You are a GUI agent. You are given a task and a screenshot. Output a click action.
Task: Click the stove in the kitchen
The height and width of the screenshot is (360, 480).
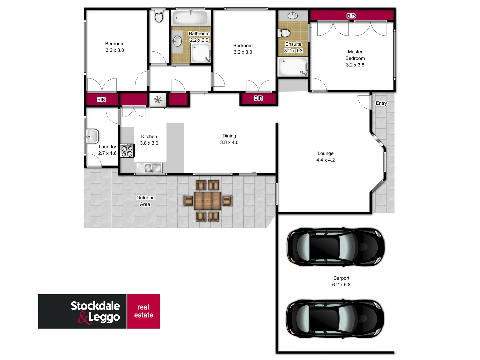[127, 151]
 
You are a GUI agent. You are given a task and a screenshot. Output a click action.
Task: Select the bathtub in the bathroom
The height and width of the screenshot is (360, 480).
[191, 17]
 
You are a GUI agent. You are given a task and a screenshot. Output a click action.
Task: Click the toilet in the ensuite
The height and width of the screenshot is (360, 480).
[284, 33]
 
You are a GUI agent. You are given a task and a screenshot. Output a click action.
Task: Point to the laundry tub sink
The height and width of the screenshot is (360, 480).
[92, 136]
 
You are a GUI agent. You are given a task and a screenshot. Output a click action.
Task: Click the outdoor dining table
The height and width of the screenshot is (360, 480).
[207, 201]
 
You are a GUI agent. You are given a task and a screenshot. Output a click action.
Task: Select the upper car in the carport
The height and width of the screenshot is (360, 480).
[336, 247]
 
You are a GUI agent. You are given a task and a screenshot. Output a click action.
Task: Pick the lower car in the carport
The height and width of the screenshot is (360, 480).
[335, 318]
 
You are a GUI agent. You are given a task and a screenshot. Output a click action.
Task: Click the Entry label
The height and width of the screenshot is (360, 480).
[381, 103]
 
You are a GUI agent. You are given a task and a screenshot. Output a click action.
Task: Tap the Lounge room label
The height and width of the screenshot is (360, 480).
[325, 153]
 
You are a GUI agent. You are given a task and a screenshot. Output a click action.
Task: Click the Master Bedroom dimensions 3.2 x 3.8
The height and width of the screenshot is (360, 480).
[355, 65]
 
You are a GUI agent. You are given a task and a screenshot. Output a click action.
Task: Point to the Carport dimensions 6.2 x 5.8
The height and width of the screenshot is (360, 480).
[341, 285]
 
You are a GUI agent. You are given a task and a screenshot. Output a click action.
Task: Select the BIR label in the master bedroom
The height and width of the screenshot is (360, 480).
[351, 16]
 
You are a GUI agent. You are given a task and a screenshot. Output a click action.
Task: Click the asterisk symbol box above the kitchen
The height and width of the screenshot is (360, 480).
[158, 100]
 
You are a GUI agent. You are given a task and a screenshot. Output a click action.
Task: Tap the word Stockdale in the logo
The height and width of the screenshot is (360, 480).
[95, 306]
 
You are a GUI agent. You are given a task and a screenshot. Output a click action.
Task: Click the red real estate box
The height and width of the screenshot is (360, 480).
[144, 311]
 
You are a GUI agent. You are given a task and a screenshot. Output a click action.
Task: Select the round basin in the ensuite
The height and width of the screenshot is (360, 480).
[293, 15]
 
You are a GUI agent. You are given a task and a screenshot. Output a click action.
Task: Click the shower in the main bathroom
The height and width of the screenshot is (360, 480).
[200, 53]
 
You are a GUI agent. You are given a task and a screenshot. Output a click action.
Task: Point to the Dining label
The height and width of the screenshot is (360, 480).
[229, 136]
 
